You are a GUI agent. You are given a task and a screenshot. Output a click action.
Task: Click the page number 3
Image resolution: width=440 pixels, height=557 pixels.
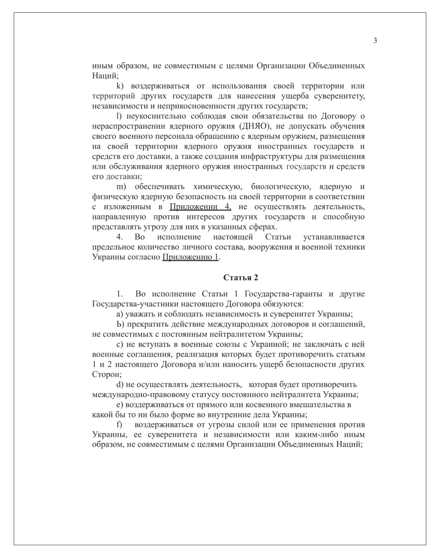(375, 41)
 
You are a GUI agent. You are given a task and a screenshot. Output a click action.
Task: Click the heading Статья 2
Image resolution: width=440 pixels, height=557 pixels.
(241, 277)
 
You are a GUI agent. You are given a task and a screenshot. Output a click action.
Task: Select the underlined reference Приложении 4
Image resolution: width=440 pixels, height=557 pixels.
(200, 207)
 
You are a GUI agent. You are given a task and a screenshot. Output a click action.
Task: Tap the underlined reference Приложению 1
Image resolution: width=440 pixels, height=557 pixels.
(190, 257)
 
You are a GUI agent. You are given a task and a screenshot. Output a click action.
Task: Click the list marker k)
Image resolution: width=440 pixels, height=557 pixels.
(120, 86)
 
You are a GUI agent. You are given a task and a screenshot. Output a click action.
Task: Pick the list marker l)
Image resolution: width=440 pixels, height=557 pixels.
(119, 116)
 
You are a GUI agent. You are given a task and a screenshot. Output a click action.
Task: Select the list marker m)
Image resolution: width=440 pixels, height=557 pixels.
(121, 187)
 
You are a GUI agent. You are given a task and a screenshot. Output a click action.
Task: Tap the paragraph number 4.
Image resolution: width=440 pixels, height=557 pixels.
(120, 237)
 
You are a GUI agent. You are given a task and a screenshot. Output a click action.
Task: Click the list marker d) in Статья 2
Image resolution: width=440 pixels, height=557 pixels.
(120, 384)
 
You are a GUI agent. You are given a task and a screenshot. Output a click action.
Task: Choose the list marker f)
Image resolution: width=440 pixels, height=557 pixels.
(119, 425)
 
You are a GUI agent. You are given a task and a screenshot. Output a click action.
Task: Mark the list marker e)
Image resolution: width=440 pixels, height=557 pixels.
(120, 405)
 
